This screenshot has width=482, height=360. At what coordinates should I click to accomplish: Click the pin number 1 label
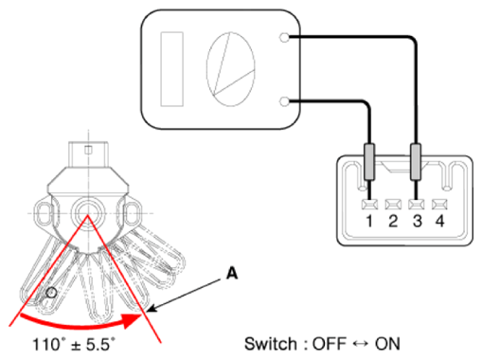369,221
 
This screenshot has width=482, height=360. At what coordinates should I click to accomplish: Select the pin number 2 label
393,221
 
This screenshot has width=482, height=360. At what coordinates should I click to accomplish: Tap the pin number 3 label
418,221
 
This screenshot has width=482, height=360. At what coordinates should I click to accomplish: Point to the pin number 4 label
440,221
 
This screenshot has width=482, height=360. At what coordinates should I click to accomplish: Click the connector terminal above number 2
393,205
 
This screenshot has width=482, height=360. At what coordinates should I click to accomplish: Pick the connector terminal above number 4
439,205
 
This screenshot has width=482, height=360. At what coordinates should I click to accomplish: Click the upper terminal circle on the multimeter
284,38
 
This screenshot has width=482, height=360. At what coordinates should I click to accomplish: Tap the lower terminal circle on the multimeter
284,101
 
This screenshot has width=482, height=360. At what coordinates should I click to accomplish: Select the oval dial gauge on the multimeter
230,69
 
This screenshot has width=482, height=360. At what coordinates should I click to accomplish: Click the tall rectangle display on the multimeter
172,69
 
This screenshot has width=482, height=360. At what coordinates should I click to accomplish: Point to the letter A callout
232,274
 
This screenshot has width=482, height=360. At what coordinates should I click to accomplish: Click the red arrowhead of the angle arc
132,320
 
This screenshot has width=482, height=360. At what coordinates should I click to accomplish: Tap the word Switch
271,344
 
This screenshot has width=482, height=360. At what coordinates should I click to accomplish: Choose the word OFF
330,344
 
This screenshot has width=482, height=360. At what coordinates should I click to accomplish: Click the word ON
387,344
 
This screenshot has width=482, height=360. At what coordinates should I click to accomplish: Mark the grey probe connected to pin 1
369,162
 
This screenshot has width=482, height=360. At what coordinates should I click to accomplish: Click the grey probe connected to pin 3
416,162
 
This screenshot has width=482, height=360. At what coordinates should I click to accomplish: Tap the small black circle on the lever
51,293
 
